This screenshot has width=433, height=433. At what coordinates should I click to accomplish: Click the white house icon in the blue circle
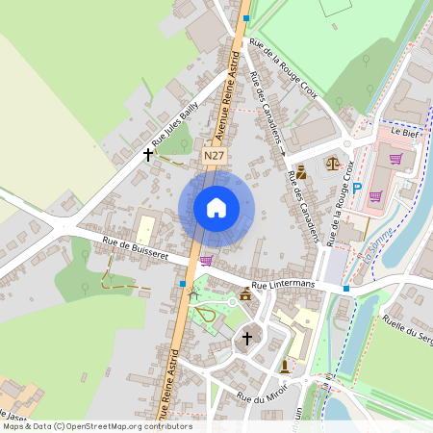coord(216,207)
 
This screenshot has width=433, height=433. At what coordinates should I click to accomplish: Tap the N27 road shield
coord(214,154)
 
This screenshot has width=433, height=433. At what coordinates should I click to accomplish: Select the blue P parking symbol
coord(357,189)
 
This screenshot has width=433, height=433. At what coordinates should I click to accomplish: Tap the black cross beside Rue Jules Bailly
coord(148,153)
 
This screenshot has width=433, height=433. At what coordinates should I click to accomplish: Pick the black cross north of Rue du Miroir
coord(246,338)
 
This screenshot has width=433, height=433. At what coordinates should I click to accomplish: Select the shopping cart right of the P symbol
coord(375,195)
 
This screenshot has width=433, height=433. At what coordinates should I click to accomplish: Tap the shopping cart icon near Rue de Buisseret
coord(206,260)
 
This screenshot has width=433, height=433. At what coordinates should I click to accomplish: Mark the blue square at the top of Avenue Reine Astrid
coord(246,17)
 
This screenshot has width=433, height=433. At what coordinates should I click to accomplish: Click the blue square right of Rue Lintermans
coord(346,288)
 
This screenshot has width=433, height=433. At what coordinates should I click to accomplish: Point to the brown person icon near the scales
coord(301,173)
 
